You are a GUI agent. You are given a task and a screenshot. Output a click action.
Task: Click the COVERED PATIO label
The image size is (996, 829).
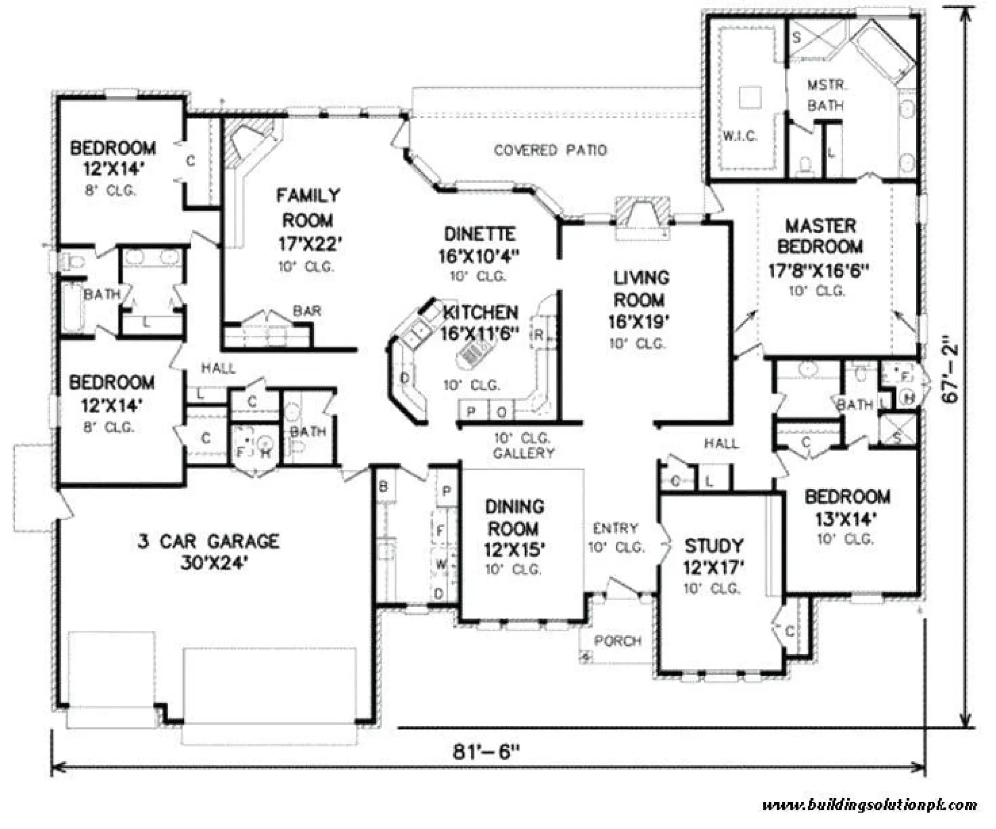pyautogui.click(x=550, y=150)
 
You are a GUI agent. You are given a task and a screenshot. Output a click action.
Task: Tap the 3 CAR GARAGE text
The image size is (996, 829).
pyautogui.click(x=208, y=542)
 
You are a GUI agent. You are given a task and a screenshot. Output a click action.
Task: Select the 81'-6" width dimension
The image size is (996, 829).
pyautogui.click(x=486, y=752)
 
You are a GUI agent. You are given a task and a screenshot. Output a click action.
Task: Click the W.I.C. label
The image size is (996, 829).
pyautogui.click(x=739, y=136)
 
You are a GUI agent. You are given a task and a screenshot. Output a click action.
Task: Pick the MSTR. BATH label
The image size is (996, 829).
pyautogui.click(x=825, y=95)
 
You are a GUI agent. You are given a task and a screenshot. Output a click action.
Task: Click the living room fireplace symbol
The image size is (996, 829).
pyautogui.click(x=642, y=214)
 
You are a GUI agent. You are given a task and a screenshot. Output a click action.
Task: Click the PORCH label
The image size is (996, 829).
pyautogui.click(x=618, y=641)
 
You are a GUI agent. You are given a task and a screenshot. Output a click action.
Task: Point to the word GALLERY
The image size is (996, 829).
pyautogui.click(x=523, y=453)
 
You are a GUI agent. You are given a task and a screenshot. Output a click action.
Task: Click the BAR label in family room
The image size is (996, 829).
pyautogui.click(x=307, y=311)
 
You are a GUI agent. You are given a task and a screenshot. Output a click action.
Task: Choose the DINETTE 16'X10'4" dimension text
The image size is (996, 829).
pyautogui.click(x=479, y=256)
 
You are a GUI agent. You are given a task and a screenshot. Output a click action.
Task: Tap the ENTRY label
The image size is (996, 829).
pyautogui.click(x=615, y=528)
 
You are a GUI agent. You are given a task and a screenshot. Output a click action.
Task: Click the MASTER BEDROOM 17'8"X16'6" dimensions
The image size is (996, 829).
pyautogui.click(x=818, y=270)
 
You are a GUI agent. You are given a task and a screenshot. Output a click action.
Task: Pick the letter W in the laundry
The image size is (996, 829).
pyautogui.click(x=441, y=565)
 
